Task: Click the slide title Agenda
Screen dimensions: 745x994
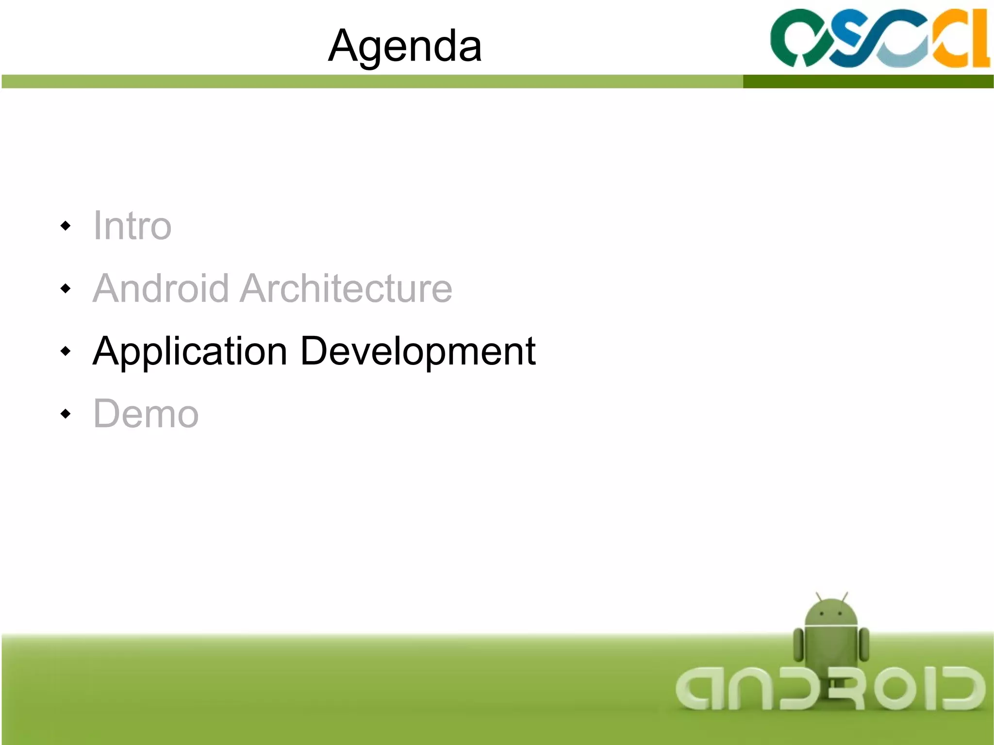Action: coord(405,46)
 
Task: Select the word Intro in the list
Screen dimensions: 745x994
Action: coord(132,226)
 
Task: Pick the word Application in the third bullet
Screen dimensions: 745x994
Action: coord(190,351)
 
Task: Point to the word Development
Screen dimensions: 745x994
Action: coord(418,351)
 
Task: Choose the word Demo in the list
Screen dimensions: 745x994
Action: coord(146,414)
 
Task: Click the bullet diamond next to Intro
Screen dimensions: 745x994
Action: coord(66,226)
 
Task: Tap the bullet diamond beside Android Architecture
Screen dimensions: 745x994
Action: coord(66,289)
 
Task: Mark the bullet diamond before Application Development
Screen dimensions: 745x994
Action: coord(66,351)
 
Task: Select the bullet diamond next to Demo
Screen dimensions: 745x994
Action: coord(66,414)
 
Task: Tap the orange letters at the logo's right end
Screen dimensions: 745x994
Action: coord(963,39)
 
